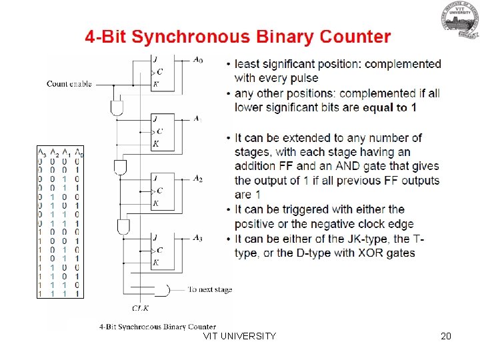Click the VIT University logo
pos(458,21)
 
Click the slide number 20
pos(446,336)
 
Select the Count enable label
pos(69,84)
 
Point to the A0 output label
pos(198,61)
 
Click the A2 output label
pos(198,179)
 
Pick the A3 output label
pos(198,238)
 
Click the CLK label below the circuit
pos(140,308)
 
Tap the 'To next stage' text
pos(209,289)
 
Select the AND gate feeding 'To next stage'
pos(162,290)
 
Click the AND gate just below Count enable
pos(117,107)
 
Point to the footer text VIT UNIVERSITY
pos(239,336)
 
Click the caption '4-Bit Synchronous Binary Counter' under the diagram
pos(157,327)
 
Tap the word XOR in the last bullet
pos(363,253)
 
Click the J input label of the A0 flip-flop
pos(155,59)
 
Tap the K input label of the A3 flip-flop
pos(155,263)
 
